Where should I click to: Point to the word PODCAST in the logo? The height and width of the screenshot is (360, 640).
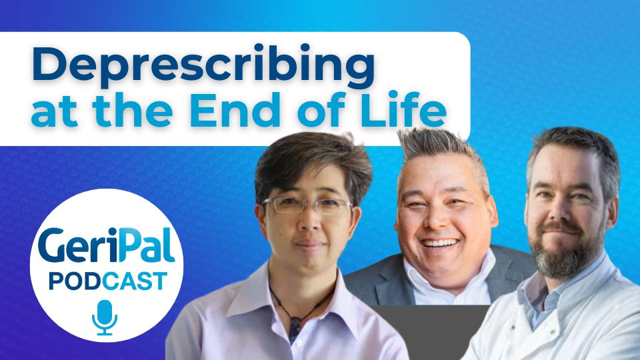[107, 281]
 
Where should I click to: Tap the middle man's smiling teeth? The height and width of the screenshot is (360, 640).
[440, 244]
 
